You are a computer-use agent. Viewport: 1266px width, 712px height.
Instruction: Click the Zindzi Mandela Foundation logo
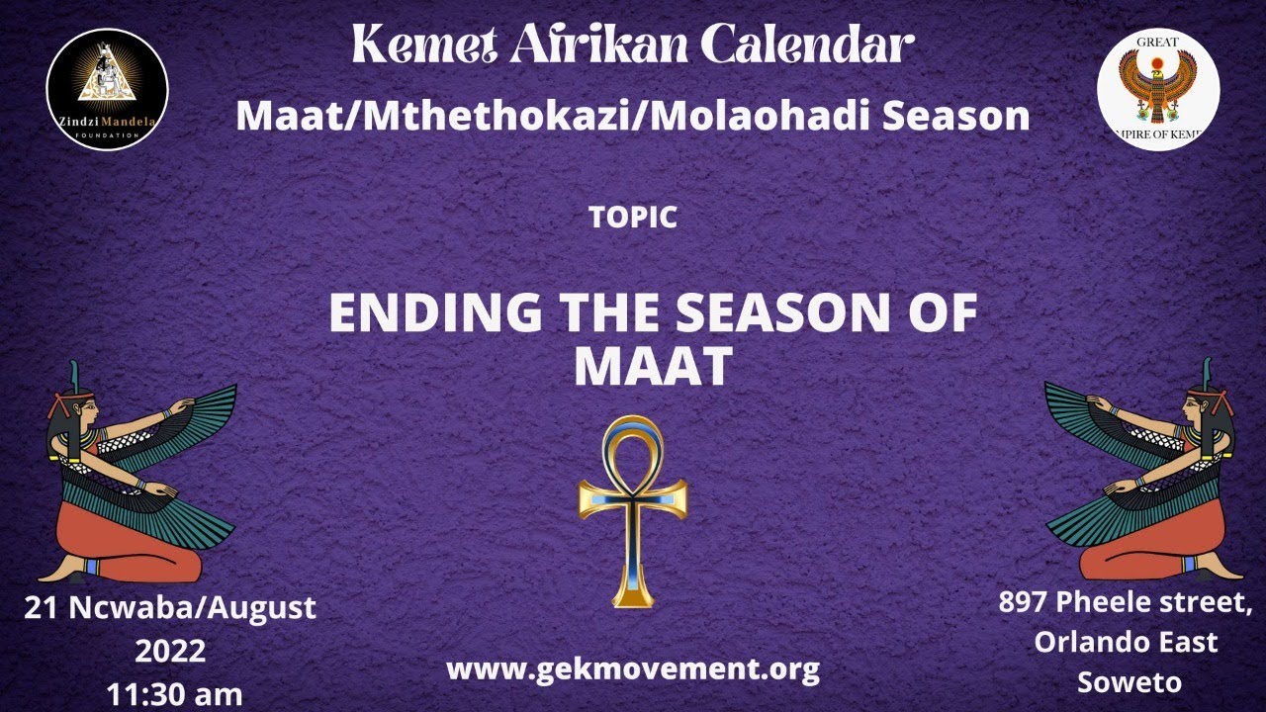(107, 89)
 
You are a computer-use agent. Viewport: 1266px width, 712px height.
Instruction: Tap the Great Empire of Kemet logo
(1158, 89)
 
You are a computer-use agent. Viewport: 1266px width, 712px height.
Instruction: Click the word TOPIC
(633, 219)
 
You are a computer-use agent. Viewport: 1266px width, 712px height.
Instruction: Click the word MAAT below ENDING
(652, 367)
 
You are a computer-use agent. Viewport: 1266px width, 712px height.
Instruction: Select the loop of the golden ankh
(633, 450)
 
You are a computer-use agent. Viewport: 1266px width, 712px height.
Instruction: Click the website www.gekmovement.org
(633, 669)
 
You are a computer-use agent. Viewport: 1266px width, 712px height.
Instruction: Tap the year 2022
(170, 652)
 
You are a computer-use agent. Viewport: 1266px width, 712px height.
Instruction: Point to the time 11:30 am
(174, 694)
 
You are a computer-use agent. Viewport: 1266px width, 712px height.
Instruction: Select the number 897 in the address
(1023, 601)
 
